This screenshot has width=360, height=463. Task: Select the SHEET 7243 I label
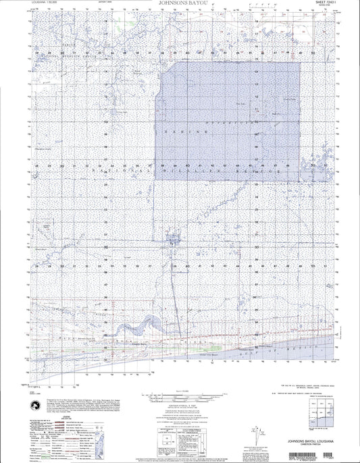point(326,3)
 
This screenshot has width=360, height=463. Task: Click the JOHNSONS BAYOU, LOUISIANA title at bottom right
point(317,436)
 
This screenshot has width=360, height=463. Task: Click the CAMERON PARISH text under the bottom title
point(317,442)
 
